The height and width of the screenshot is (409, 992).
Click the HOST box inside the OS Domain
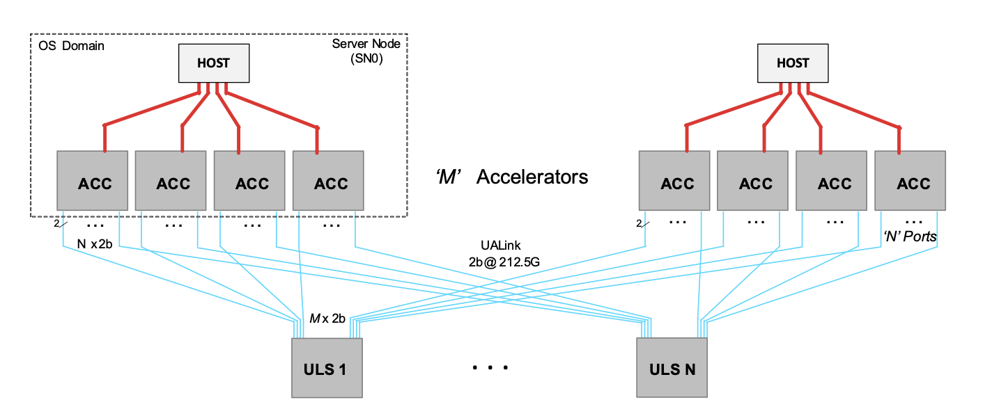coord(214,63)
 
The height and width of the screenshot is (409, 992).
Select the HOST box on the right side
coord(793,63)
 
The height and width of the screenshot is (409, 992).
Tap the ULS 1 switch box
coord(327,368)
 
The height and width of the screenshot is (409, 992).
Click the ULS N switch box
coord(672,368)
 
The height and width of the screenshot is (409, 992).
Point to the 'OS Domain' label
coord(71,46)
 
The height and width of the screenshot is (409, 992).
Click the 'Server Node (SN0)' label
coord(366,51)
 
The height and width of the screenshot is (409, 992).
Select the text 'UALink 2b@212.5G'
coord(504,254)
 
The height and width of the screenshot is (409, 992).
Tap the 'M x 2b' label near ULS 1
coord(327,319)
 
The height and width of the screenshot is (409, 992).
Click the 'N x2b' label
coord(95,244)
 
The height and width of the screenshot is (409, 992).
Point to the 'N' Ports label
coord(910,236)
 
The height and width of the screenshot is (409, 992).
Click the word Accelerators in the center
coord(532,177)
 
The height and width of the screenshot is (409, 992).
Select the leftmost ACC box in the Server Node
coord(92,180)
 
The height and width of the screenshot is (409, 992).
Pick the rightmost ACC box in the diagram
coord(910,180)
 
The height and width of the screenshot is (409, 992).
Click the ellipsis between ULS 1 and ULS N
coord(490,367)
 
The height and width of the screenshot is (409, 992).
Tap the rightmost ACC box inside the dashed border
coord(328,180)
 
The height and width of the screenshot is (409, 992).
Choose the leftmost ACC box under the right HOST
coord(674,180)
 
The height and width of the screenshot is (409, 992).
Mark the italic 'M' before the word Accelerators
coord(448,177)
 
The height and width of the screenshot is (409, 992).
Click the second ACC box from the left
coord(171,180)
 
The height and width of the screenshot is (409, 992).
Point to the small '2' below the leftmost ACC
coord(56,224)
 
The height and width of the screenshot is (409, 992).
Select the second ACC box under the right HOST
coord(752,180)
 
